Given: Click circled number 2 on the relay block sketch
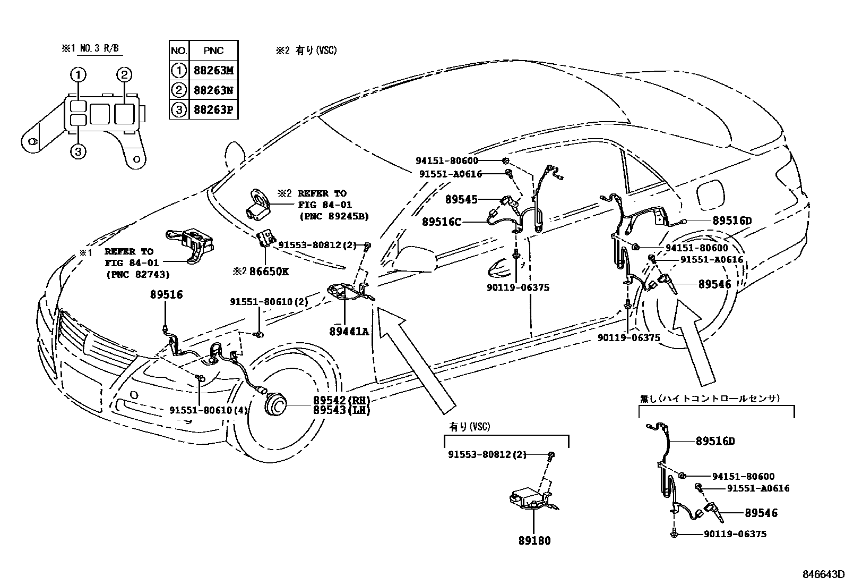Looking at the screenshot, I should (124, 75).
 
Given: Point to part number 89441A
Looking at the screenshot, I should (349, 331).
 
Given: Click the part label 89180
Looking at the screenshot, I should (534, 541).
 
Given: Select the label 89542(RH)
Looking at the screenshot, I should (341, 400).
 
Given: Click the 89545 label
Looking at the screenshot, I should (461, 200).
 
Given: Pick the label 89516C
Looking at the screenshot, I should (442, 222).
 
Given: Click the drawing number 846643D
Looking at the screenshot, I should (823, 574).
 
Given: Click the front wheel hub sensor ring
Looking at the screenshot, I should (275, 405).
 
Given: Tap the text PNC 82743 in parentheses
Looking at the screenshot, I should (137, 275).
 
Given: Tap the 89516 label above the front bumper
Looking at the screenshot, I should (166, 294).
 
